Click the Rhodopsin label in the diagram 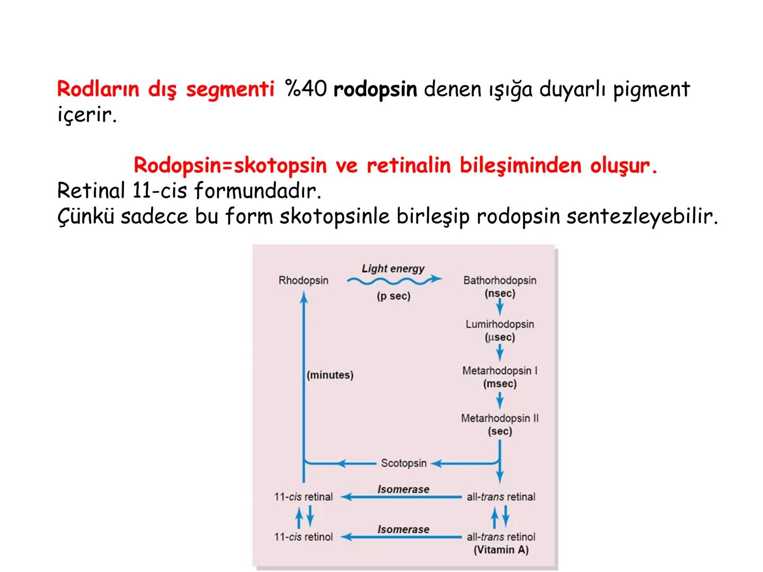tap(303, 280)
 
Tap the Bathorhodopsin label tap(500, 280)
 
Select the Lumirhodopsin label tap(500, 324)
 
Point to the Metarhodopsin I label tap(500, 371)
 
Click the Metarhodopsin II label tap(500, 418)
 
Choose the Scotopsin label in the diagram tap(404, 463)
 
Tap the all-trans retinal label tap(501, 497)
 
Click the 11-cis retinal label tap(303, 497)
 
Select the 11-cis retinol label tap(303, 537)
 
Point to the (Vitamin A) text tap(501, 550)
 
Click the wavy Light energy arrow tap(394, 280)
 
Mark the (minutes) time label tap(330, 375)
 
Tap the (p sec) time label tap(394, 296)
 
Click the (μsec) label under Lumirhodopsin tap(500, 337)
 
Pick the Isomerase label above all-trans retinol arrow tap(403, 529)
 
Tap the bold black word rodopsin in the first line tap(375, 89)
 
